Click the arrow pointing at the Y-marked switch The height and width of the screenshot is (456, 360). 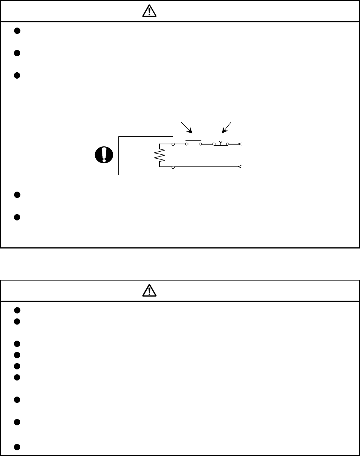click(227, 127)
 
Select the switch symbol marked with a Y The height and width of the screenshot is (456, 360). click(221, 143)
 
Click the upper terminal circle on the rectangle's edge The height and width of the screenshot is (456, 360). click(173, 144)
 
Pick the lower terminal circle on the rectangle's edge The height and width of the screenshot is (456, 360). click(173, 167)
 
